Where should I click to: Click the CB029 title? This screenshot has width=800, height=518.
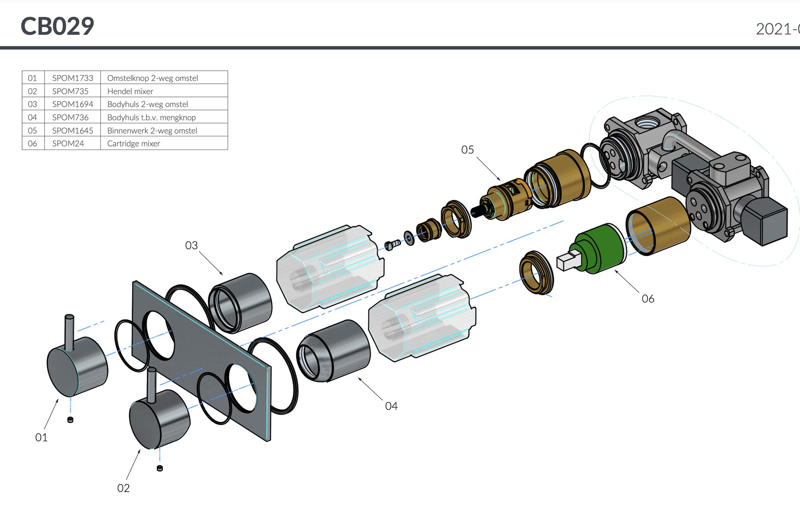(57, 26)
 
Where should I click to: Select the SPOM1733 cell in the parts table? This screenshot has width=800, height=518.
(72, 78)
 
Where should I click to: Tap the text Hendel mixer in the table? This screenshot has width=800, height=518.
(130, 91)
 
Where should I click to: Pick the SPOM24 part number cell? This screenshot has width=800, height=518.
(68, 143)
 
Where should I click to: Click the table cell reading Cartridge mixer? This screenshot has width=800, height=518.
(134, 143)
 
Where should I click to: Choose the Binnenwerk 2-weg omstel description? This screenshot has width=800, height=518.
(152, 131)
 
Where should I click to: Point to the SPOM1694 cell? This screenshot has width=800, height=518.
(72, 104)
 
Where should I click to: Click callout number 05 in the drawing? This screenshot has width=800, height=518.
(467, 150)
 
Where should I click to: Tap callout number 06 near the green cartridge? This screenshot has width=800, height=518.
(648, 299)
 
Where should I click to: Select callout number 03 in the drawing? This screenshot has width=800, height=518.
(191, 245)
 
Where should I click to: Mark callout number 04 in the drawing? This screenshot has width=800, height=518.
(391, 406)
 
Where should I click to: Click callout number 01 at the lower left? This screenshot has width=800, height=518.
(41, 437)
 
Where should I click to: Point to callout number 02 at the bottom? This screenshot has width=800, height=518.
(123, 488)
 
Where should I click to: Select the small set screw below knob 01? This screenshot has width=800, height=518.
(70, 420)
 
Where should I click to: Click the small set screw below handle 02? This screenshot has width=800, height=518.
(160, 468)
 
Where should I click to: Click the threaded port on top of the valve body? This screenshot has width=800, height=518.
(644, 121)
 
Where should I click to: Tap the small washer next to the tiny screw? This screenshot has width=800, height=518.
(409, 238)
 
